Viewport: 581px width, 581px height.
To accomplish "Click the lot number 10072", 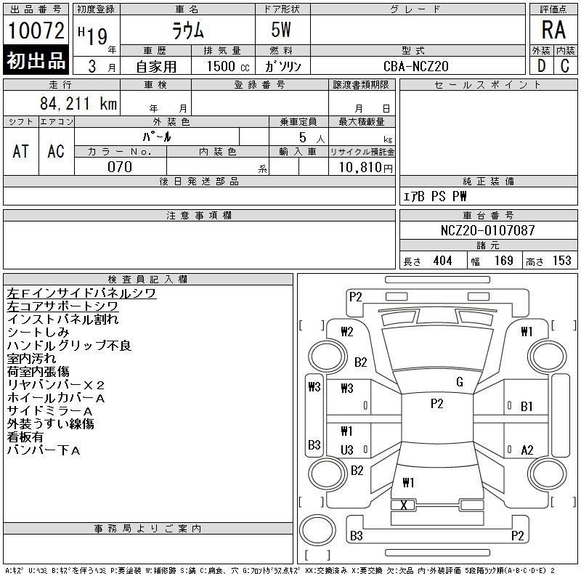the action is click(36, 31).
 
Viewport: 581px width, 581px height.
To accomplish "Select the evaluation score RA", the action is click(553, 30).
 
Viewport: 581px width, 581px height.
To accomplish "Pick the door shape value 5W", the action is click(283, 31).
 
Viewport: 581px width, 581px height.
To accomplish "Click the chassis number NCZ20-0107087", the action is click(488, 230).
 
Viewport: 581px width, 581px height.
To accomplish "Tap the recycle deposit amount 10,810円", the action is click(361, 168).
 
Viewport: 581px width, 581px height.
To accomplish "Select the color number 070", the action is click(120, 167).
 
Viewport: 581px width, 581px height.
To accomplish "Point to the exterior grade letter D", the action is click(541, 65).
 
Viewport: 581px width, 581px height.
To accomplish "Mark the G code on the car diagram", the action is click(460, 382).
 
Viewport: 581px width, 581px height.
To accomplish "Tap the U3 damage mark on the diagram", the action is click(347, 450).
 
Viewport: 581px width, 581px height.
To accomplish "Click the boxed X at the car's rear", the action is click(404, 505).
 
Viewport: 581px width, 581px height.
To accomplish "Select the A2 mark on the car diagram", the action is click(527, 450).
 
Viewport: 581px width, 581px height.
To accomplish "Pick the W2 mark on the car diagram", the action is click(346, 332).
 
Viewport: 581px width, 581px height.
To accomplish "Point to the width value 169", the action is click(503, 261).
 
